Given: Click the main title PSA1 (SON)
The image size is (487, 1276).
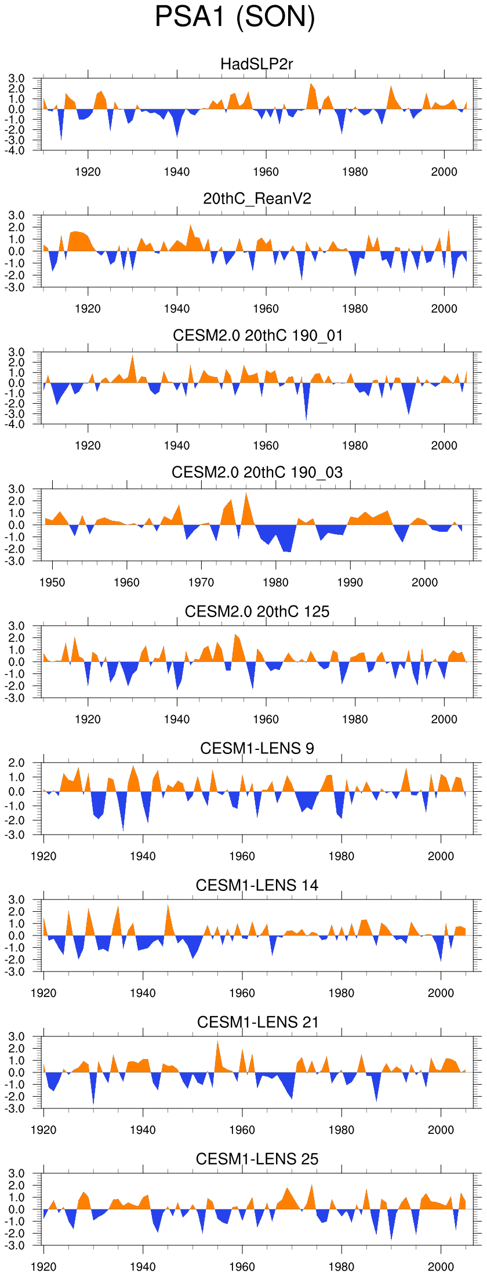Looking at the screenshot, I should click(x=235, y=17).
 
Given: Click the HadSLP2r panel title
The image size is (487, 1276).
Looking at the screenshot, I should click(x=257, y=64).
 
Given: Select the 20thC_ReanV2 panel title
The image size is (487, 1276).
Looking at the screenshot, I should click(x=257, y=199).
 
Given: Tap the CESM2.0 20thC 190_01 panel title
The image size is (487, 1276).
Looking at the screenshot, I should click(x=257, y=336).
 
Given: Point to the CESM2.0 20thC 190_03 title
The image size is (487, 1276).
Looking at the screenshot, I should click(x=257, y=473).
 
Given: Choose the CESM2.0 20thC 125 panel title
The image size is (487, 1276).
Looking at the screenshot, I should click(x=257, y=612).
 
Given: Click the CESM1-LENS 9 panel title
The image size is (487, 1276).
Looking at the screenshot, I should click(x=257, y=749).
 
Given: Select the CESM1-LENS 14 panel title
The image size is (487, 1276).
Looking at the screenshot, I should click(x=257, y=886).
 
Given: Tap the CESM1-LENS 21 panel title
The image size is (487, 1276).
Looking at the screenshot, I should click(x=257, y=1023).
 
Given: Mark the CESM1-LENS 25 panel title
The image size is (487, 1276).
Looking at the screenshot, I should click(x=257, y=1159).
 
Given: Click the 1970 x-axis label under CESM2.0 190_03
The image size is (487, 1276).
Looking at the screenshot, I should click(x=201, y=583).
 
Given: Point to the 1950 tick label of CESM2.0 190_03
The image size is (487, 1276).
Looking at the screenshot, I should click(x=52, y=583).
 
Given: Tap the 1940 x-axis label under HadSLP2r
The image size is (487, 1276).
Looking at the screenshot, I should click(x=177, y=172).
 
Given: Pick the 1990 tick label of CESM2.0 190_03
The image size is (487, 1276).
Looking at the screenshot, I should click(x=350, y=583).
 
